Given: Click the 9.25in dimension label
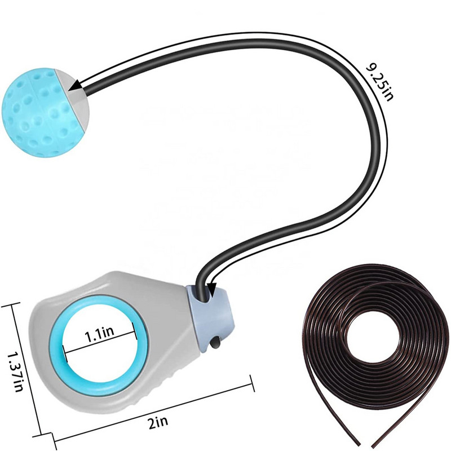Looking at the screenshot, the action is (x=379, y=82).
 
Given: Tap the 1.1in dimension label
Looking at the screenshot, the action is (x=99, y=335).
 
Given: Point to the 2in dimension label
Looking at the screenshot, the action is (x=158, y=423).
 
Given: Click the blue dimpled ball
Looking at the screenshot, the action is (x=40, y=114).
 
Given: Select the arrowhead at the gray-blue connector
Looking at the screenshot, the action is (x=212, y=289).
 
